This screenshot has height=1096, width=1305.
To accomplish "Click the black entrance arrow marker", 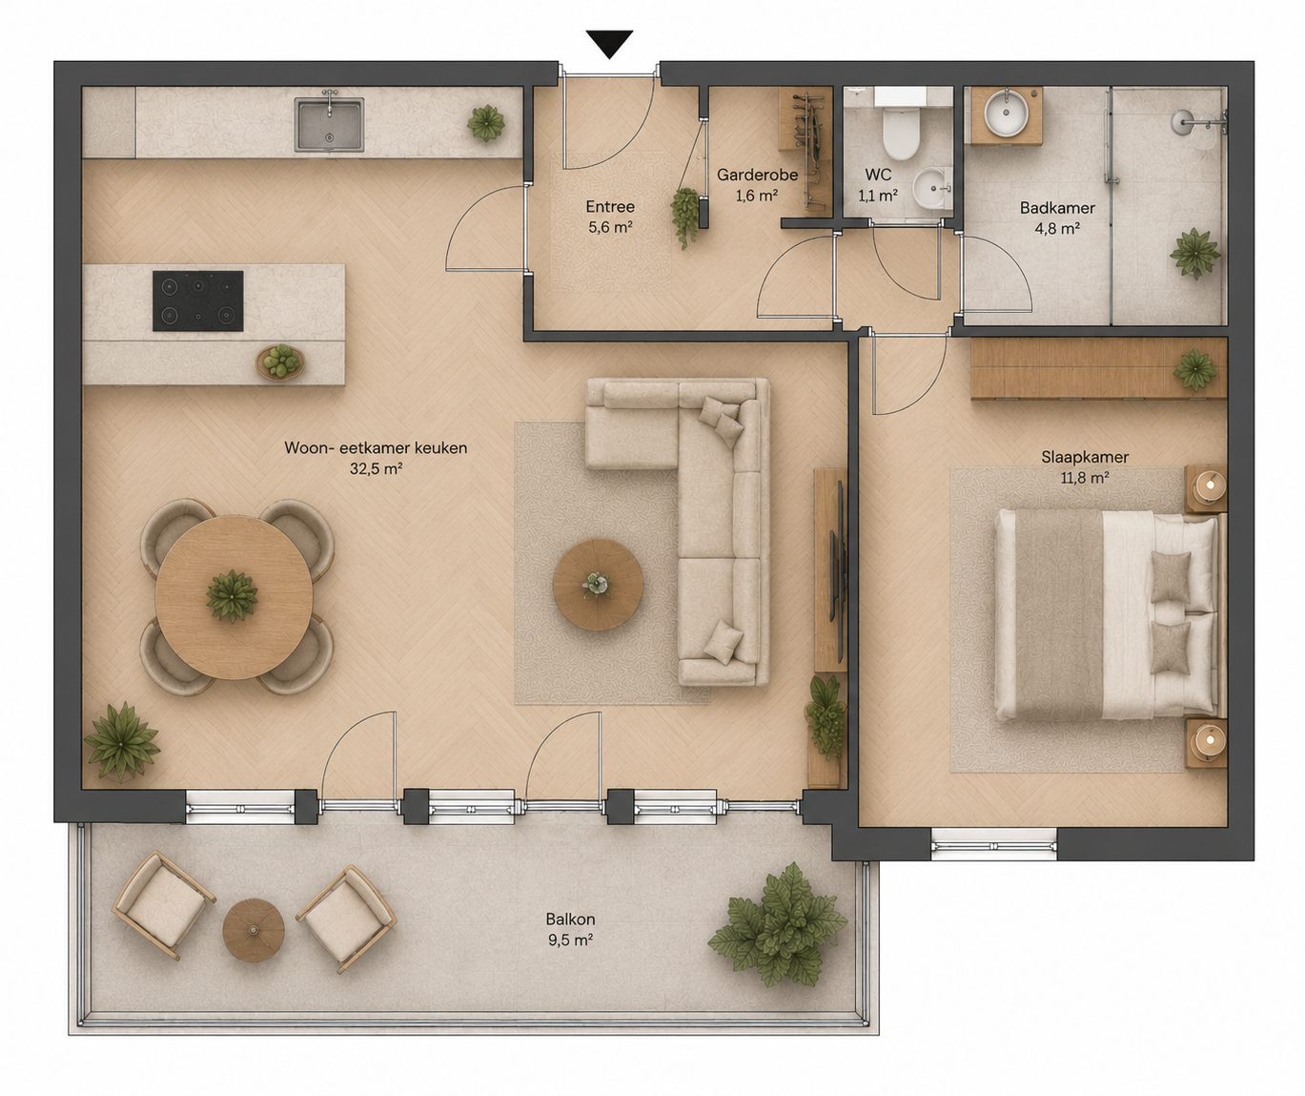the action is point(609,44).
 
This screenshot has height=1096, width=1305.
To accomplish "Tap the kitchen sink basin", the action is point(329,125).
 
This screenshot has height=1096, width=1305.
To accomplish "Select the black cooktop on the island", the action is point(198,300).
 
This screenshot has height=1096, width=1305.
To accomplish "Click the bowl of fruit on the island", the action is point(280,362).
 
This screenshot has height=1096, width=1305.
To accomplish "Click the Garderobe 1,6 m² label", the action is point(757,184).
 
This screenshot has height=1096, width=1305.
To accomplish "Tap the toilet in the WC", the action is point(900,128).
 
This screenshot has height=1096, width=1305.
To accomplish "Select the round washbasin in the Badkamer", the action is point(1007,114).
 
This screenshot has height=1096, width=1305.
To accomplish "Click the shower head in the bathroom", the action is point(1182,122).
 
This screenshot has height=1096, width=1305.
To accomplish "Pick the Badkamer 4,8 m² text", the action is point(1057,217).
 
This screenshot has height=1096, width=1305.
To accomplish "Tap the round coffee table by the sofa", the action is point(598,585).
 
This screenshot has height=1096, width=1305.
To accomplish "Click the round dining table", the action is point(234,597).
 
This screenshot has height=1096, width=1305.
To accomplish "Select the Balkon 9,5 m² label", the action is point(571,929).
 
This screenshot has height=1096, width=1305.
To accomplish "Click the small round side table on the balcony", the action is point(254,930).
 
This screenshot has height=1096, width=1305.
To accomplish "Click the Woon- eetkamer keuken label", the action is point(376,457).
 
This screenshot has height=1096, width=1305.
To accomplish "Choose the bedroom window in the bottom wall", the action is point(993,844).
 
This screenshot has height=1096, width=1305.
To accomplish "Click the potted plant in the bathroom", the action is point(1194,254).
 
